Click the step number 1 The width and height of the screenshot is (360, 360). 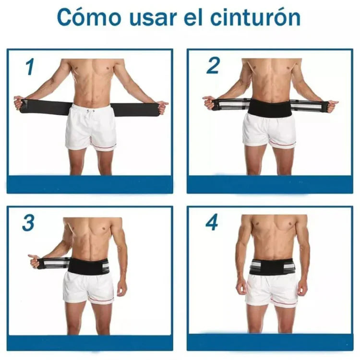coord(30,68)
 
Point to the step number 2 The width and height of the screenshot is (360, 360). coord(213,66)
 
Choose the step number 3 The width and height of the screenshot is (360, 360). coord(29,223)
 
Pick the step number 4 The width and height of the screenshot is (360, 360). coord(212,223)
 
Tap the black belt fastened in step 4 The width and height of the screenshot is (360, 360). coord(272,266)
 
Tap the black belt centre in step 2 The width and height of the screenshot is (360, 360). coord(269,108)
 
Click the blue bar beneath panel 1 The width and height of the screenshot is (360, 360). coord(90,184)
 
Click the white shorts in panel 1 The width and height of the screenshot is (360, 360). coord(91,127)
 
